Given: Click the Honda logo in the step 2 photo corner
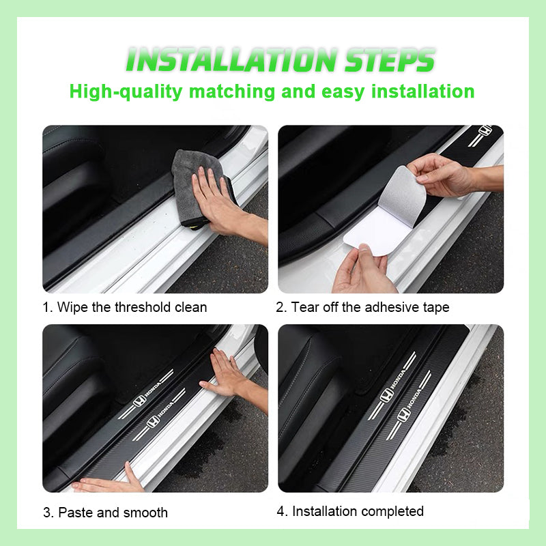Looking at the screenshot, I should click(x=485, y=131).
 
